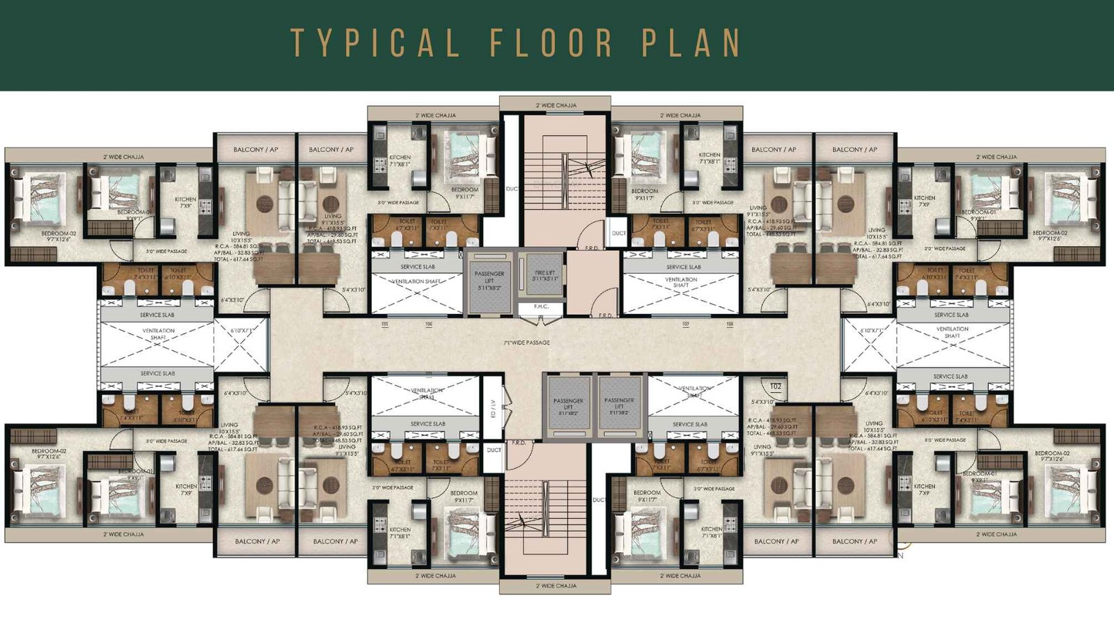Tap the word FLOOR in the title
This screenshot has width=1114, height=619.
point(551,42)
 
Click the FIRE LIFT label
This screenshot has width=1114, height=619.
point(544,276)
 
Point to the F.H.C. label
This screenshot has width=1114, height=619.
point(541,306)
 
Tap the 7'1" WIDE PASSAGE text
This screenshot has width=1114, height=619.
point(527,343)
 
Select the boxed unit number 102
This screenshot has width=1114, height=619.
point(775,386)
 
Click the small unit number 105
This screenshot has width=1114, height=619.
point(384,324)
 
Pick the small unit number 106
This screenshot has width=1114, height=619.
point(429,324)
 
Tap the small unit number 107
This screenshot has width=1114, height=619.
point(685,324)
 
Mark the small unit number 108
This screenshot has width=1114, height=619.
point(729,324)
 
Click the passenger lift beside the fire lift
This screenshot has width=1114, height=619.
point(489,281)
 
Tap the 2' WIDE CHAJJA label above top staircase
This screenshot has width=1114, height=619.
point(556,105)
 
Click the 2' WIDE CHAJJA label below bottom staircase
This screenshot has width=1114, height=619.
point(556,586)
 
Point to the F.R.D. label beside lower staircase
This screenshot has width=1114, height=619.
point(519,442)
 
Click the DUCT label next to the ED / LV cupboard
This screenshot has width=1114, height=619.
point(494,450)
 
